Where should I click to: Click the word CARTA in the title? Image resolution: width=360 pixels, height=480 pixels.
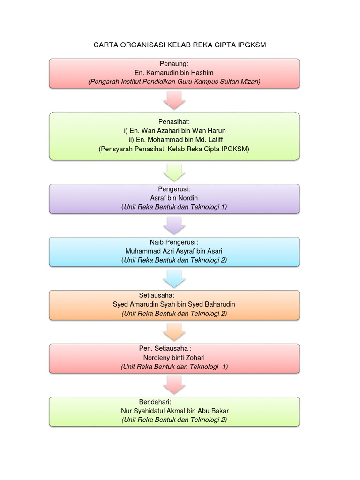107,45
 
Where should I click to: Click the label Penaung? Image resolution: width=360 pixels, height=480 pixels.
174,64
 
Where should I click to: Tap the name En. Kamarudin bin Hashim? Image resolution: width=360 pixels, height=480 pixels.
174,73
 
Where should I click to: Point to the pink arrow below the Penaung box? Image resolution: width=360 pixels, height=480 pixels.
174,100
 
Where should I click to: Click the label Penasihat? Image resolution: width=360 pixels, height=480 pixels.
174,122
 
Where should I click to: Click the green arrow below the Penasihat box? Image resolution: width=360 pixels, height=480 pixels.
174,172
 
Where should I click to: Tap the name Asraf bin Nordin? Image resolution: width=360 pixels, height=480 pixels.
174,198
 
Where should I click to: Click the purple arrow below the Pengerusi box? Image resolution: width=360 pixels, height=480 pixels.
174,225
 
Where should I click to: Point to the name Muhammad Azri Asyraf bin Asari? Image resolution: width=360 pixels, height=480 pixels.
174,251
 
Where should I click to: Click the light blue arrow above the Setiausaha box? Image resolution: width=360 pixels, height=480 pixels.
174,278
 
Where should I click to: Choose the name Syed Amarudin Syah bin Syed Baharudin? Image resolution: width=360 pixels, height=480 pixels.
174,304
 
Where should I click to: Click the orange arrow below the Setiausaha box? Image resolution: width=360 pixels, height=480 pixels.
174,332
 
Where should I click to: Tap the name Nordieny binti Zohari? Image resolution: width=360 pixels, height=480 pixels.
174,358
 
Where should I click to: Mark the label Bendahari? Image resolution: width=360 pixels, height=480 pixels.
155,402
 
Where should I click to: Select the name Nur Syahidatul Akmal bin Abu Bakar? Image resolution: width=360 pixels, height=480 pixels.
175,411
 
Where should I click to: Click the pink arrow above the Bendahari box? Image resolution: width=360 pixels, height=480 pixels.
174,385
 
